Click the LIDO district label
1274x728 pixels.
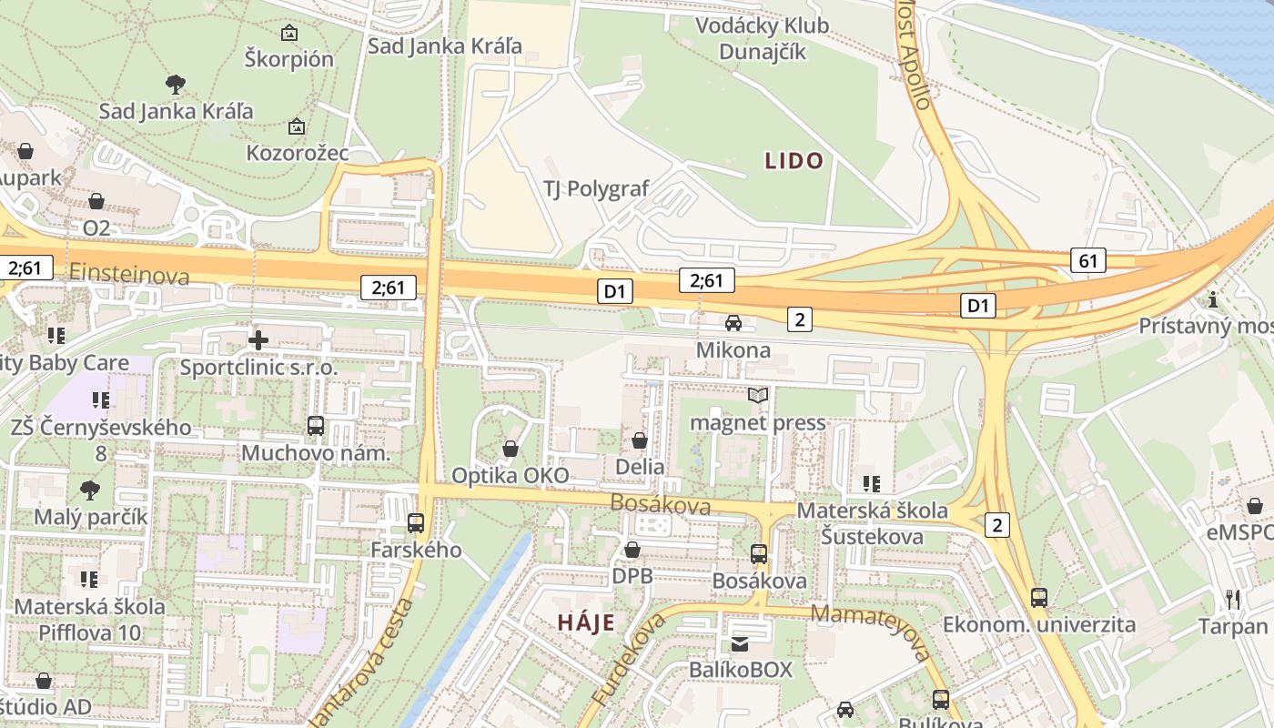(x=794, y=162)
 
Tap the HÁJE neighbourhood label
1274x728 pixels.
(x=585, y=623)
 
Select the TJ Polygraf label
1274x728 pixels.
(x=596, y=188)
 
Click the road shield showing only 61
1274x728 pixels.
(x=1087, y=260)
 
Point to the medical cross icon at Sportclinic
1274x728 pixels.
(x=258, y=340)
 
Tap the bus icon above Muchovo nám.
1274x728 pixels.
(x=315, y=425)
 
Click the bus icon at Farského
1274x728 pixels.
(x=416, y=522)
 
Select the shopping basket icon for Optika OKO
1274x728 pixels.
(x=510, y=449)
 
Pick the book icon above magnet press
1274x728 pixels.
(x=758, y=395)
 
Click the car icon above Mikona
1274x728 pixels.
(x=733, y=323)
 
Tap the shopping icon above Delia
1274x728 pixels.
(x=640, y=440)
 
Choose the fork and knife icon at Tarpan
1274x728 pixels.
(x=1233, y=599)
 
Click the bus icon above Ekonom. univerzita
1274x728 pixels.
(x=1038, y=597)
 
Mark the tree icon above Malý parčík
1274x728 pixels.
(x=90, y=490)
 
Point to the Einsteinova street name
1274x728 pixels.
(x=129, y=274)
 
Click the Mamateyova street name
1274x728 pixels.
(x=872, y=630)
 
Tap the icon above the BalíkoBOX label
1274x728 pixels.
(x=741, y=644)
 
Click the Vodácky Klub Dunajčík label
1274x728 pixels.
(x=763, y=38)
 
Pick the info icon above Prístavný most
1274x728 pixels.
(x=1212, y=298)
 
